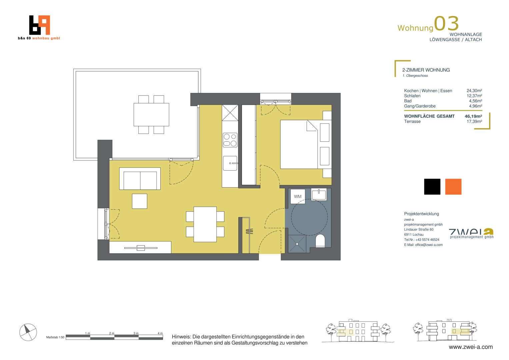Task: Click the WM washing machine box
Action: coord(298,196)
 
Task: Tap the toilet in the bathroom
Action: coord(320,240)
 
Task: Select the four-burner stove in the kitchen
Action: coord(230,140)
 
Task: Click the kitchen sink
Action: coord(230,163)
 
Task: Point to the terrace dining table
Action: coord(151,115)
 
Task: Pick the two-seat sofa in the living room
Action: coord(140,179)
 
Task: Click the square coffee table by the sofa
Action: coord(140,201)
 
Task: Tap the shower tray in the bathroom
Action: coord(297,244)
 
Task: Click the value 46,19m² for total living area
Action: coord(473,116)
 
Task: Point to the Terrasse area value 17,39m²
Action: coord(474,121)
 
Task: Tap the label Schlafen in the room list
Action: coord(412,96)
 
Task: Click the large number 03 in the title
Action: coord(446,23)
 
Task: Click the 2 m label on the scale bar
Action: coord(112,333)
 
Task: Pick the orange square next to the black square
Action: coord(453,187)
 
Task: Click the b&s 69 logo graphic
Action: coord(40,25)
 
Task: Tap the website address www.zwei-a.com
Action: coord(471,347)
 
